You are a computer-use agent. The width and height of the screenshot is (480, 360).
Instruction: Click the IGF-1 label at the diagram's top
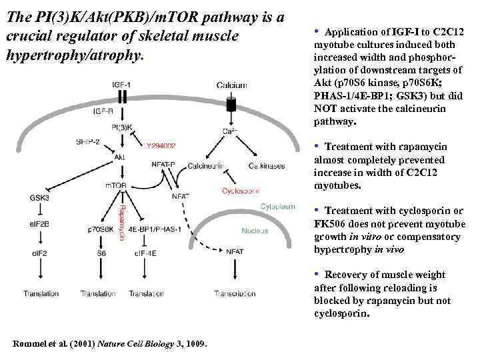(121, 85)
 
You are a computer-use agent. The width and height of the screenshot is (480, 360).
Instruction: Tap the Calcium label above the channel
(232, 85)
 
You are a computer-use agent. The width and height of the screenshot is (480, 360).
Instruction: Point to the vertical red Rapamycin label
(121, 223)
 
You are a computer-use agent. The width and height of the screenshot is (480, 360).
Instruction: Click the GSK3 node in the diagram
(39, 197)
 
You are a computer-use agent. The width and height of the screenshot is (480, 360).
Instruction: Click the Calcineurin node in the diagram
(205, 165)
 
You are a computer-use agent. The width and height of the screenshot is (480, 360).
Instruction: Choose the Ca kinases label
(266, 165)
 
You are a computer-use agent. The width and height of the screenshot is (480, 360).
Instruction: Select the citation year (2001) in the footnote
(77, 343)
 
